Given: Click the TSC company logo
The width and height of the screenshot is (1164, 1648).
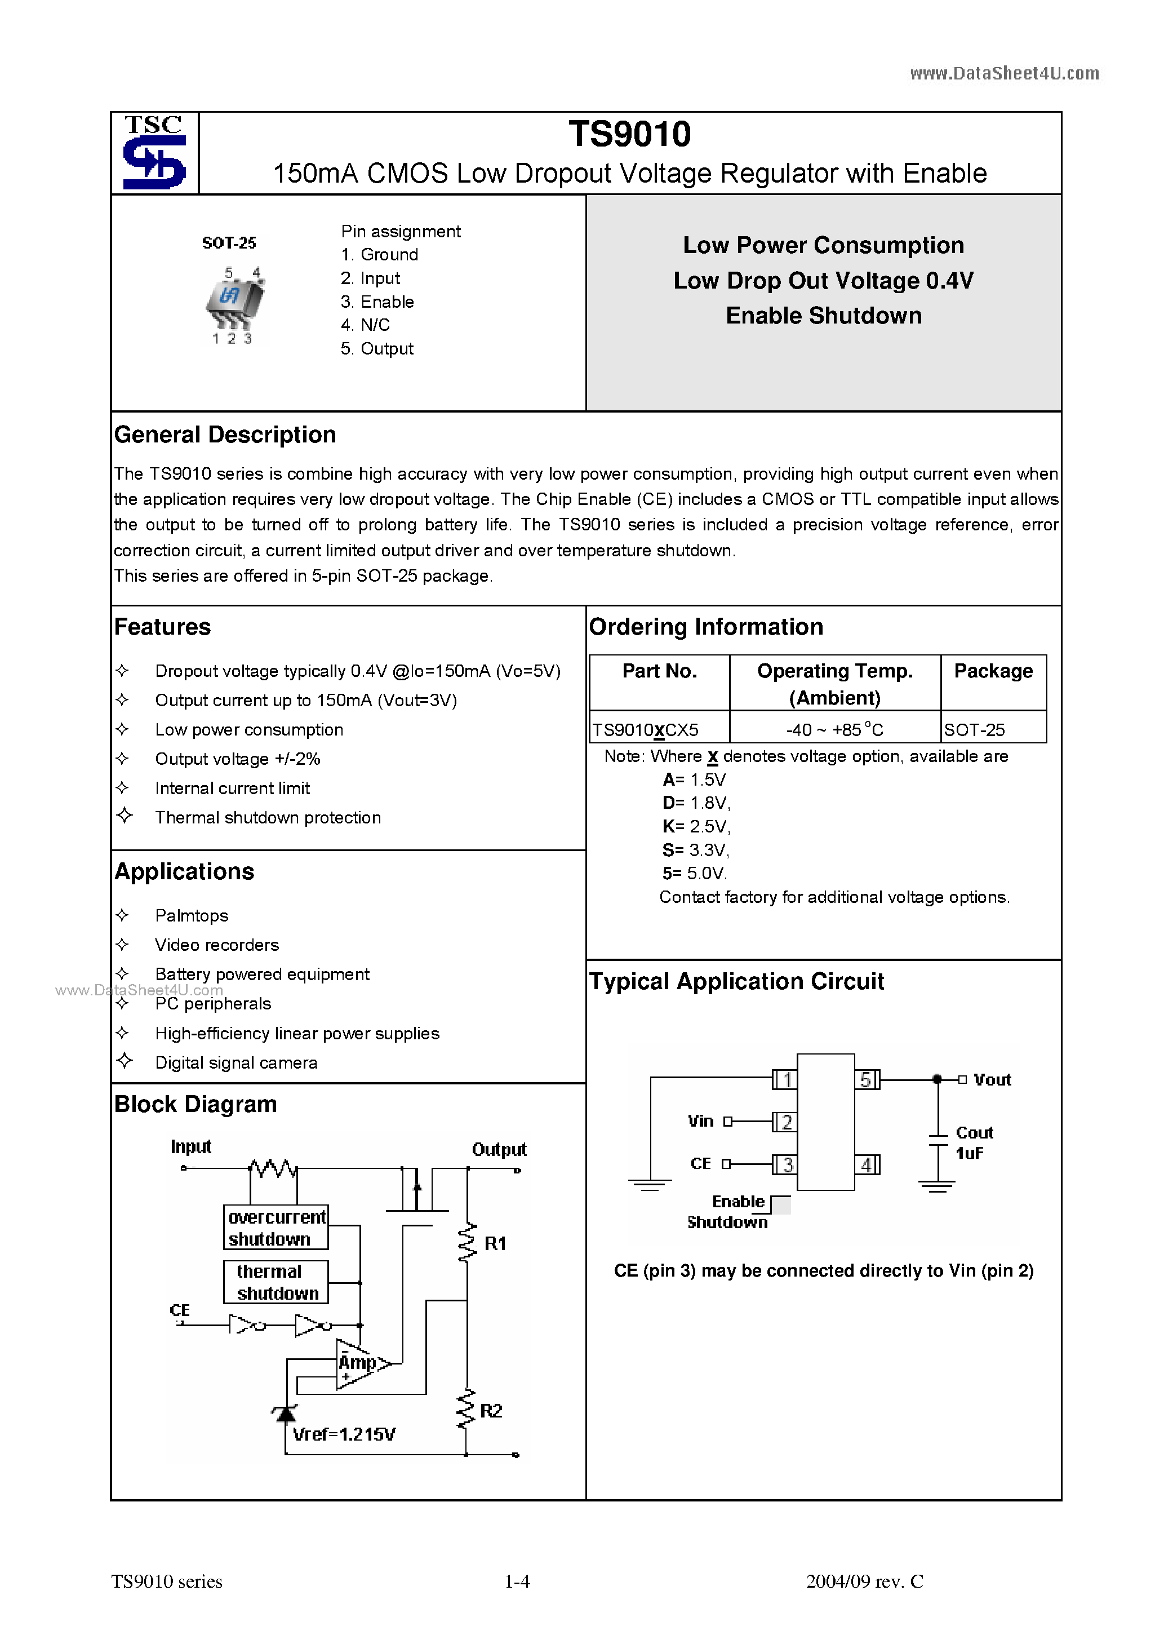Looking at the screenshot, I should click(154, 152).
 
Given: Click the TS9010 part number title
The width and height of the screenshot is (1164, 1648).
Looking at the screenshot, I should click(629, 134).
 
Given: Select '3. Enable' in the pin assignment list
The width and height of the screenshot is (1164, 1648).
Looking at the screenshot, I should click(377, 302).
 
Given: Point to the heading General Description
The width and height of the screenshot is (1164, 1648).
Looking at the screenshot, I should click(225, 435).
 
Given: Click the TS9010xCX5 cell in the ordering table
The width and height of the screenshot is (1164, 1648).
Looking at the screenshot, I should click(645, 730).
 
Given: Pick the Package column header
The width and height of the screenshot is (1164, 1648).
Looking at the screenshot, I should click(993, 671).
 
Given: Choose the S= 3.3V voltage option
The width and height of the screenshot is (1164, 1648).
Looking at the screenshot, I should click(695, 850).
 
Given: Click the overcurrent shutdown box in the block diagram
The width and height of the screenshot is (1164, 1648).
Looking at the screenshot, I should click(276, 1228).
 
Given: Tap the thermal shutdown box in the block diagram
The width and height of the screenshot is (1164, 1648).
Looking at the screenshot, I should click(276, 1282).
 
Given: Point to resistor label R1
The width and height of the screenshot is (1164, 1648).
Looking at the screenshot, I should click(495, 1243).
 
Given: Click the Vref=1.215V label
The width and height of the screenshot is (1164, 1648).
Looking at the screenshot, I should click(344, 1434).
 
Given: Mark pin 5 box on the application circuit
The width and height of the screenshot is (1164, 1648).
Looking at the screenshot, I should click(866, 1079).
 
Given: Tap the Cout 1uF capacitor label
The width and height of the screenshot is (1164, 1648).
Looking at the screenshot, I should click(973, 1142).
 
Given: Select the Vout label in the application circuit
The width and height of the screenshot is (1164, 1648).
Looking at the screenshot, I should click(992, 1079).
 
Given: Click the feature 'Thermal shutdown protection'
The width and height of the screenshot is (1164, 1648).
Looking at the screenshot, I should click(268, 818).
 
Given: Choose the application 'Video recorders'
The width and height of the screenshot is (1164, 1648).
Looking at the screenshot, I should click(217, 945).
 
